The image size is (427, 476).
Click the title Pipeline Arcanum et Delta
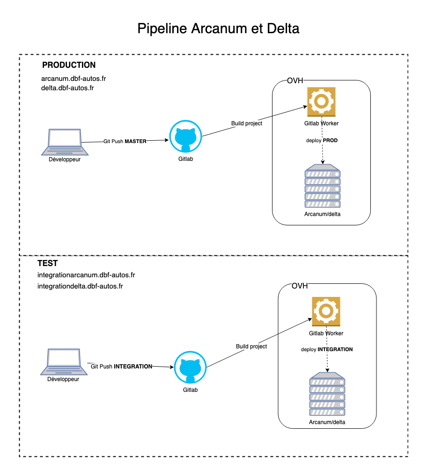coord(218,29)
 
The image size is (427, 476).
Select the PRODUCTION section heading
coord(69,65)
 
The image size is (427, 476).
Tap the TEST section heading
coord(47,264)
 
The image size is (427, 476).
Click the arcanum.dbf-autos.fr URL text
coord(70,79)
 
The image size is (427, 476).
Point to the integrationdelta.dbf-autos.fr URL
coord(80,286)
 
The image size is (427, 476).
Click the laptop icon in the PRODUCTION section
coord(65,142)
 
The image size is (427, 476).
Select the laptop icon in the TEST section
coord(63,361)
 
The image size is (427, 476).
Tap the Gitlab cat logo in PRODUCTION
coord(185,136)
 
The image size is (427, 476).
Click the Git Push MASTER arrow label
coord(125,140)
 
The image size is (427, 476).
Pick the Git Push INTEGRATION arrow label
coord(122,367)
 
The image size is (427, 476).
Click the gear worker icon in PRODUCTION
coord(321,101)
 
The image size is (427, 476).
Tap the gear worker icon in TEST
coord(326,311)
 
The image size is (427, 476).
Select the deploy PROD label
coord(322,140)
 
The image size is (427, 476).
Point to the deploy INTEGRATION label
coord(327,349)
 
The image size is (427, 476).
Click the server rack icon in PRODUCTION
coord(323,186)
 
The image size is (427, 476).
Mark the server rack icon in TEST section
coord(327,394)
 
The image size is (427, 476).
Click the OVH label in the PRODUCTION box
coord(295,81)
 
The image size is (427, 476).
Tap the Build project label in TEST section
coord(251,346)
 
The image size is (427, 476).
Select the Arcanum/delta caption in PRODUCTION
coord(323,214)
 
